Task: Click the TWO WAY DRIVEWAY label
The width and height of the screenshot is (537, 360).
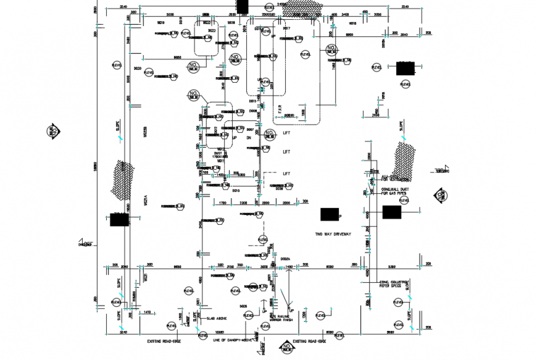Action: (x=333, y=234)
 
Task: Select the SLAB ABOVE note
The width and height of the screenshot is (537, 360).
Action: (x=216, y=318)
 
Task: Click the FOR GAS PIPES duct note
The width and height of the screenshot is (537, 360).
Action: (x=393, y=193)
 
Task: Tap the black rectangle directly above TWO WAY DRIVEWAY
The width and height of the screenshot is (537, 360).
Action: (x=330, y=214)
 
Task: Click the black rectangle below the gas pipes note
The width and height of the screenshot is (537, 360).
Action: (x=392, y=212)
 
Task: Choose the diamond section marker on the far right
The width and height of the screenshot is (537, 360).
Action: (x=441, y=196)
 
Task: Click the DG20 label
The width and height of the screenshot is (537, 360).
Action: (x=138, y=69)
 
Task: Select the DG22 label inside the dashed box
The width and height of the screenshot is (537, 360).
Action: (x=211, y=30)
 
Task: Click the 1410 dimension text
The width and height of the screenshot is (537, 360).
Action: (x=147, y=313)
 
